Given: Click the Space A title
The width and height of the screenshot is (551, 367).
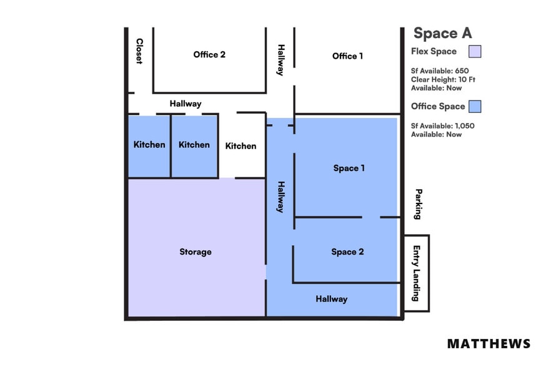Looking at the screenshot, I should pyautogui.click(x=442, y=33).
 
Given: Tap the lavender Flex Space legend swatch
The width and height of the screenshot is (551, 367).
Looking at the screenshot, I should pyautogui.click(x=475, y=52).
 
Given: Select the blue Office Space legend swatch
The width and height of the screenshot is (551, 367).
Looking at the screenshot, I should pyautogui.click(x=475, y=106).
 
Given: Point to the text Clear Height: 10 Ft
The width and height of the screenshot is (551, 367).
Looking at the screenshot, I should pyautogui.click(x=443, y=79).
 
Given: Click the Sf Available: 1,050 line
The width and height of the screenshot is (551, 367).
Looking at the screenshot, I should pyautogui.click(x=442, y=125).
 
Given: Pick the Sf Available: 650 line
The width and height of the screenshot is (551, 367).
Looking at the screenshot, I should pyautogui.click(x=440, y=71).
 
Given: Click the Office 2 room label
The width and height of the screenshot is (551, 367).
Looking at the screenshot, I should pyautogui.click(x=209, y=54).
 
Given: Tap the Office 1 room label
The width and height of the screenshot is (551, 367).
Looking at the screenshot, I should pyautogui.click(x=347, y=56).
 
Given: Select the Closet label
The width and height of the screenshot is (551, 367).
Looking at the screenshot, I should pyautogui.click(x=139, y=51).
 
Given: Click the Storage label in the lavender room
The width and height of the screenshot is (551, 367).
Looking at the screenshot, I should pyautogui.click(x=195, y=252).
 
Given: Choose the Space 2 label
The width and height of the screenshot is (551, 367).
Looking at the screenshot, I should pyautogui.click(x=347, y=252).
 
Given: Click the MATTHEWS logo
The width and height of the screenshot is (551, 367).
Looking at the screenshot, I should pyautogui.click(x=489, y=344).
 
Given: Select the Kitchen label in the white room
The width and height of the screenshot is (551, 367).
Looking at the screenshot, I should pyautogui.click(x=241, y=146).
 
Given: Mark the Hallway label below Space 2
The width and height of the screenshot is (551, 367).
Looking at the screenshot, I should pyautogui.click(x=331, y=299).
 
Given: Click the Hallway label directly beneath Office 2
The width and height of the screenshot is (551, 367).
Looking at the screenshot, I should pyautogui.click(x=186, y=104).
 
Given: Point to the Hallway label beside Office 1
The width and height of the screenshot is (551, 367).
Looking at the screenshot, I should pyautogui.click(x=281, y=60).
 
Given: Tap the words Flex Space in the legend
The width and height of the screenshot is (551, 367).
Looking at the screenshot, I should pyautogui.click(x=434, y=51).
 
